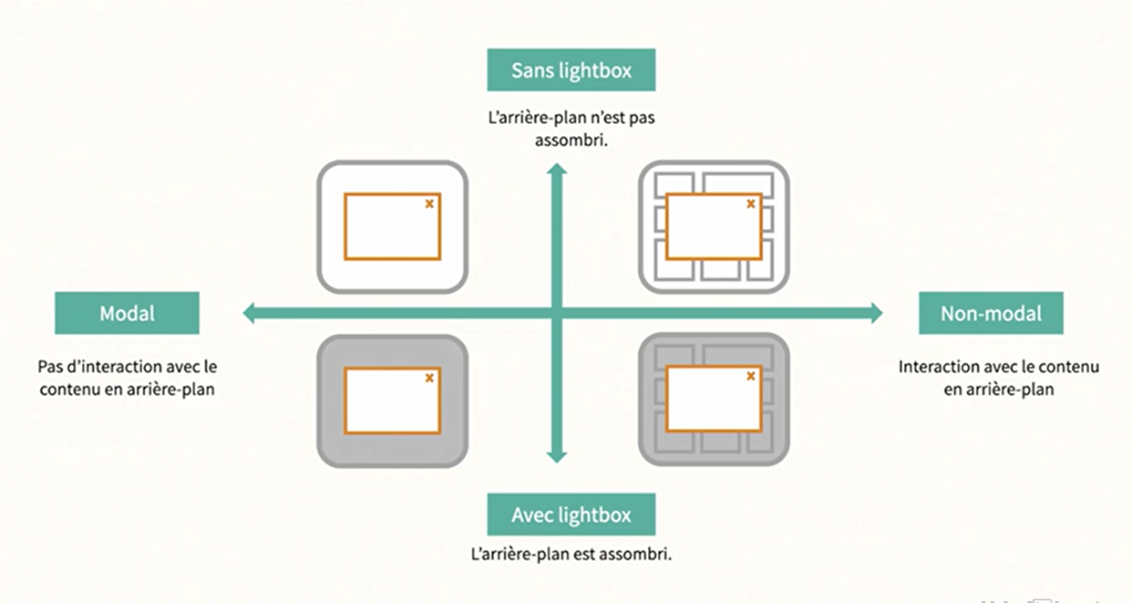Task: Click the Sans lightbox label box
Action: pos(571,70)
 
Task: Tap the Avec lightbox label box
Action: pos(571,515)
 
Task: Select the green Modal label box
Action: pos(127,313)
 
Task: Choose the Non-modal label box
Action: pos(991,313)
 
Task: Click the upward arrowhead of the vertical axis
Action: pos(557,171)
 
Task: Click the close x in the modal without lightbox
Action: pos(429,203)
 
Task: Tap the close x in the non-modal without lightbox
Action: pos(751,203)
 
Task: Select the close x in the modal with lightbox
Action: pos(429,377)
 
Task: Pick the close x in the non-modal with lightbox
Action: pos(751,376)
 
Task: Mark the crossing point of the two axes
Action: pos(557,314)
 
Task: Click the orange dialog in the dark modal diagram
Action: pos(392,400)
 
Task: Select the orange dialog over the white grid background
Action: pos(714,226)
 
